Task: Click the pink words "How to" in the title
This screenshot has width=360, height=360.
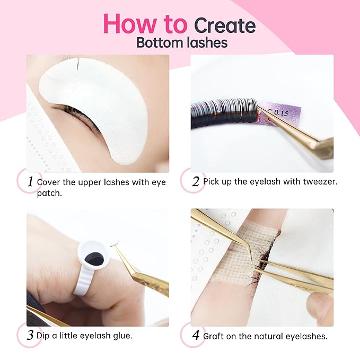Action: (145, 24)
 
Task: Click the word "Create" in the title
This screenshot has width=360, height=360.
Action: (224, 25)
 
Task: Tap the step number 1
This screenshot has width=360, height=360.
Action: (31, 181)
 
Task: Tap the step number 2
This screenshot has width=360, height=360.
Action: (195, 181)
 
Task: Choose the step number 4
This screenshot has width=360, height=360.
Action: (195, 335)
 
